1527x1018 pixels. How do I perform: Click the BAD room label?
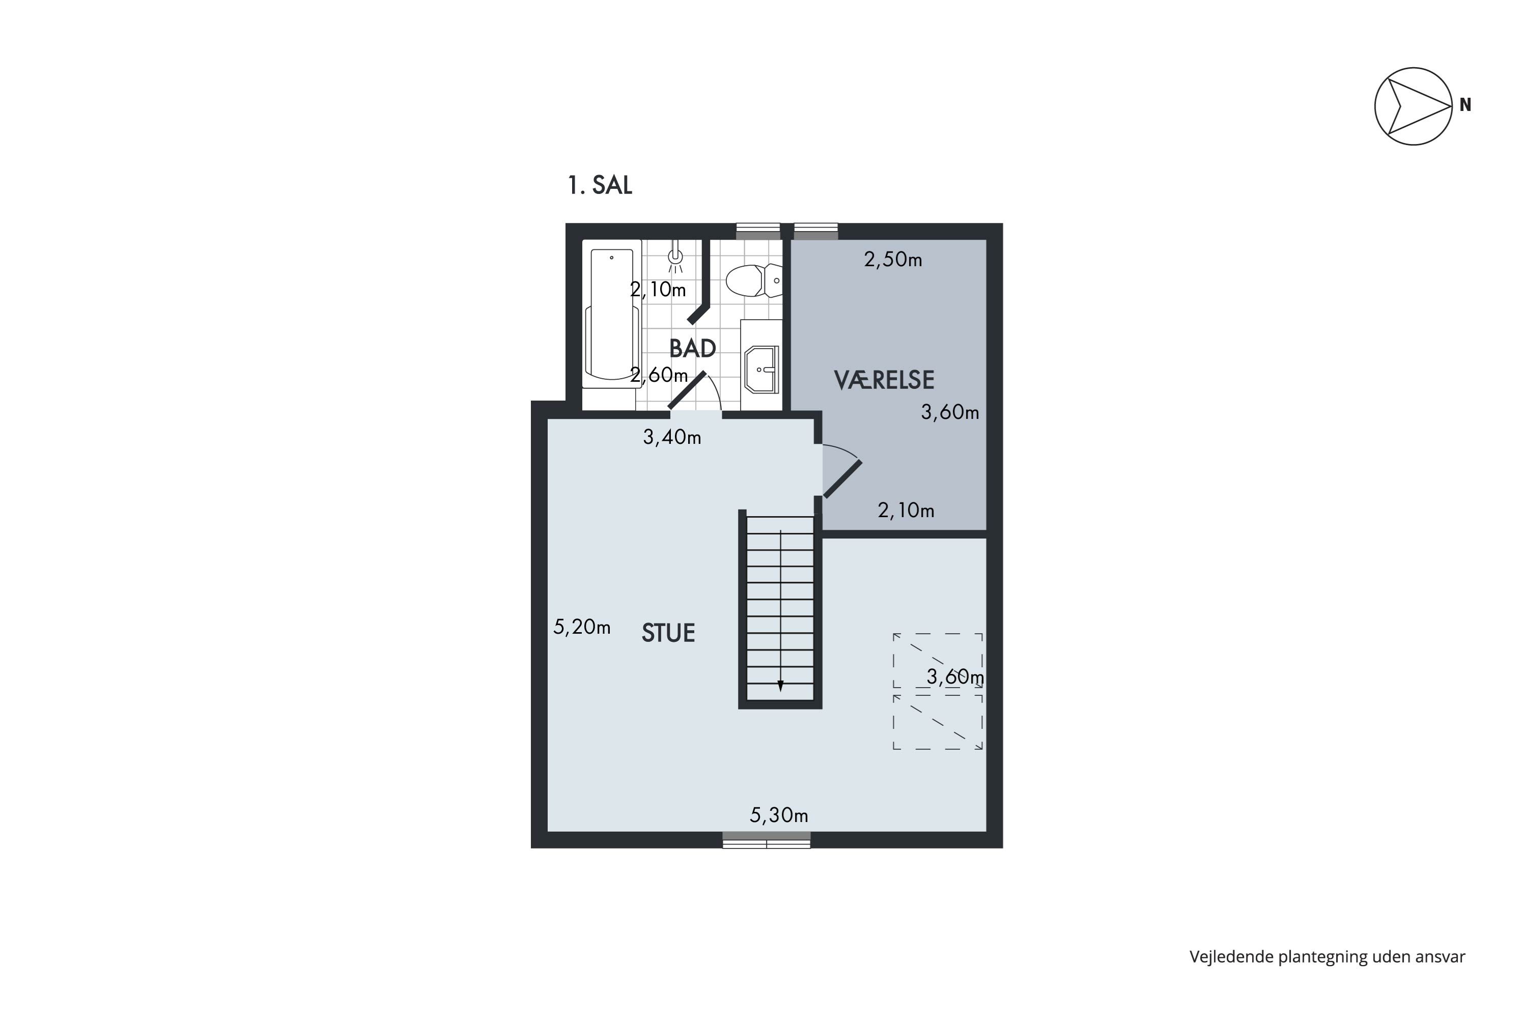[x=693, y=349]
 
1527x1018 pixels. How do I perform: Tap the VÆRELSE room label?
[x=884, y=380]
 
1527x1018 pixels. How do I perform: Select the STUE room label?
[x=668, y=633]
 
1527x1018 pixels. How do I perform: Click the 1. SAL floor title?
[x=600, y=186]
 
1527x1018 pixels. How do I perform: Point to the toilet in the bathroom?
[x=754, y=280]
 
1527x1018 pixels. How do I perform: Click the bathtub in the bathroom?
[x=612, y=314]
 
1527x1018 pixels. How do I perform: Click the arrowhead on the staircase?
[x=780, y=686]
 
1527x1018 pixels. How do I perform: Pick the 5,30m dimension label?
[x=779, y=815]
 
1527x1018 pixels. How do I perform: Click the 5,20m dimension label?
[x=582, y=627]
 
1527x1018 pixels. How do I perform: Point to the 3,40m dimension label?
[x=672, y=438]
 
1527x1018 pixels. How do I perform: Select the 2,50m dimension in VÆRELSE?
[x=893, y=260]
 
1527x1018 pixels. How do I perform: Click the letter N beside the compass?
[x=1465, y=104]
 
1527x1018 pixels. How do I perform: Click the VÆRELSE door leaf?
[x=843, y=479]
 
